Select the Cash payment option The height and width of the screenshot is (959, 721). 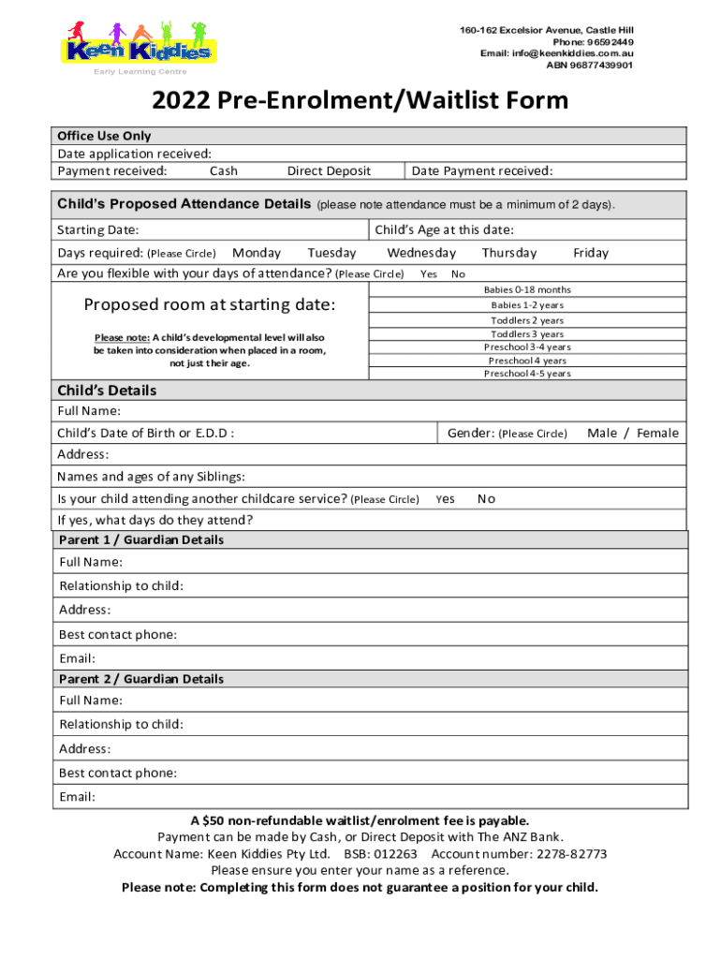[224, 170]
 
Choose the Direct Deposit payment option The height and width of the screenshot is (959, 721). [329, 170]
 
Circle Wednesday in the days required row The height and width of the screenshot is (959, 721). [421, 253]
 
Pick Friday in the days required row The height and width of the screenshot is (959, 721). [591, 253]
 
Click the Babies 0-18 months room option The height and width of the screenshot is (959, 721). [527, 289]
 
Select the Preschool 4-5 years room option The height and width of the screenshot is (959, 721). [527, 374]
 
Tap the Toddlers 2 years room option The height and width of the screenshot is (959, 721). [527, 320]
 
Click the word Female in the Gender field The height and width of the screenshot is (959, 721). [657, 433]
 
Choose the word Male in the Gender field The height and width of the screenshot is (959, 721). [602, 433]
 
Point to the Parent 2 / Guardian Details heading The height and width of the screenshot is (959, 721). [141, 679]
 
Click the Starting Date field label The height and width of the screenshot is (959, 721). [98, 230]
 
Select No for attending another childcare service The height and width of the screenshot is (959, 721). [486, 499]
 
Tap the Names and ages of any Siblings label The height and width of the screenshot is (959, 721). [151, 476]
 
